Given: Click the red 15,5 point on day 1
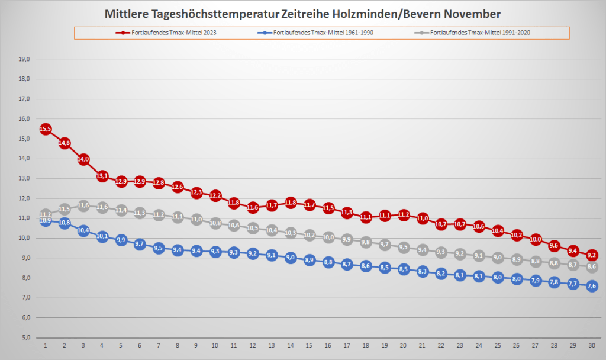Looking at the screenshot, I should [x=46, y=129].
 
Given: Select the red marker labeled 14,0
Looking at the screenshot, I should [x=83, y=159].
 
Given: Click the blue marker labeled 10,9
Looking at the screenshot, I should [x=46, y=221].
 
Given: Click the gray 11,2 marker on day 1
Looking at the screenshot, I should [x=46, y=214].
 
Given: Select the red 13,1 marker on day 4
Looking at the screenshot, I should [x=102, y=176].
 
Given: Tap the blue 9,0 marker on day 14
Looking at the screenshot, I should [x=290, y=258].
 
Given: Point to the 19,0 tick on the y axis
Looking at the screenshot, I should [x=25, y=59].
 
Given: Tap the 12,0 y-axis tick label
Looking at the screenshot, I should [x=25, y=198].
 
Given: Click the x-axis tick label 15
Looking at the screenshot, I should [x=309, y=345].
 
